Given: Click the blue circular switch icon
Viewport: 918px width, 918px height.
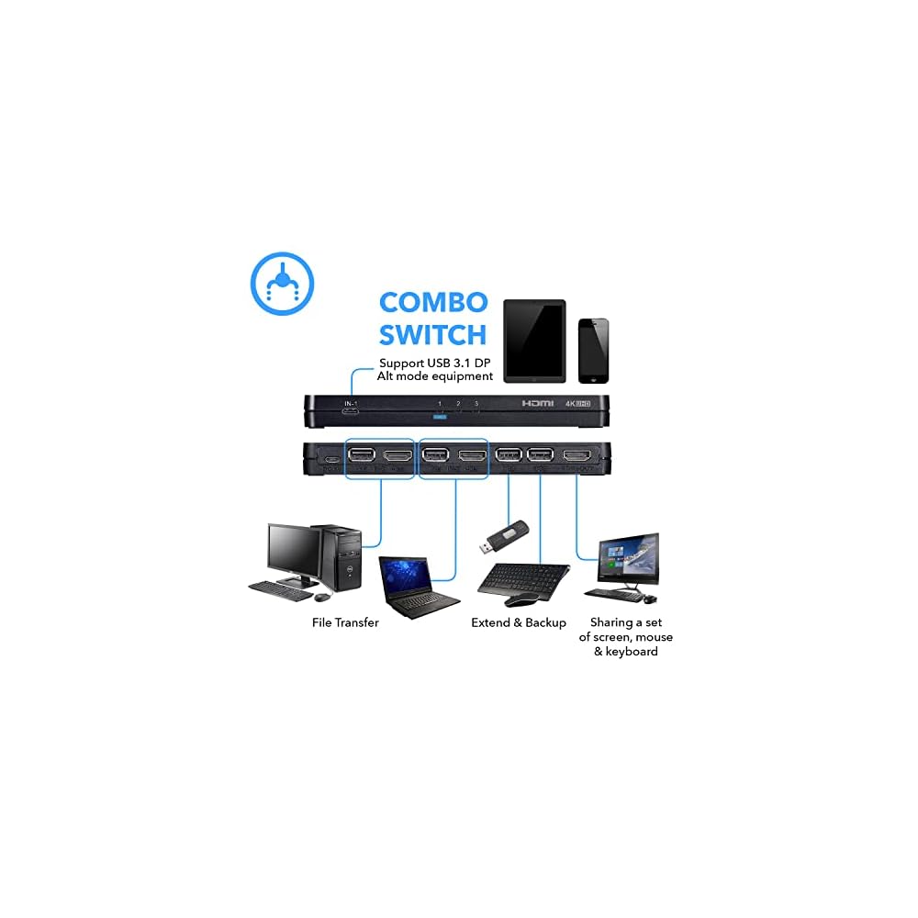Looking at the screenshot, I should point(283,284).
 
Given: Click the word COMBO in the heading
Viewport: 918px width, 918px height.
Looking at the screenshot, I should point(432,303).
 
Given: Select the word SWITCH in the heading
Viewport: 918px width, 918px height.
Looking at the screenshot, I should point(432,335).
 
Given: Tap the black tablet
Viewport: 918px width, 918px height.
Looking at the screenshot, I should point(534,341).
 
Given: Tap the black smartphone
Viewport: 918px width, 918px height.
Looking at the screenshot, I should point(593,351).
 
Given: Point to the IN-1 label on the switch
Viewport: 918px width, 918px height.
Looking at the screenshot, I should point(351,403).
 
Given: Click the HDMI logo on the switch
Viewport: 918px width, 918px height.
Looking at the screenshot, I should point(539,404).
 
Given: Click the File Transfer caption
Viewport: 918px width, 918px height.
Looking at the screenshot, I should point(345,622).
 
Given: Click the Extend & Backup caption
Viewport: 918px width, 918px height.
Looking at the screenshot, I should point(519,622).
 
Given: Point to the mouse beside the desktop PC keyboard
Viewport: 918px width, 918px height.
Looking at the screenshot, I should point(321,597).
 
